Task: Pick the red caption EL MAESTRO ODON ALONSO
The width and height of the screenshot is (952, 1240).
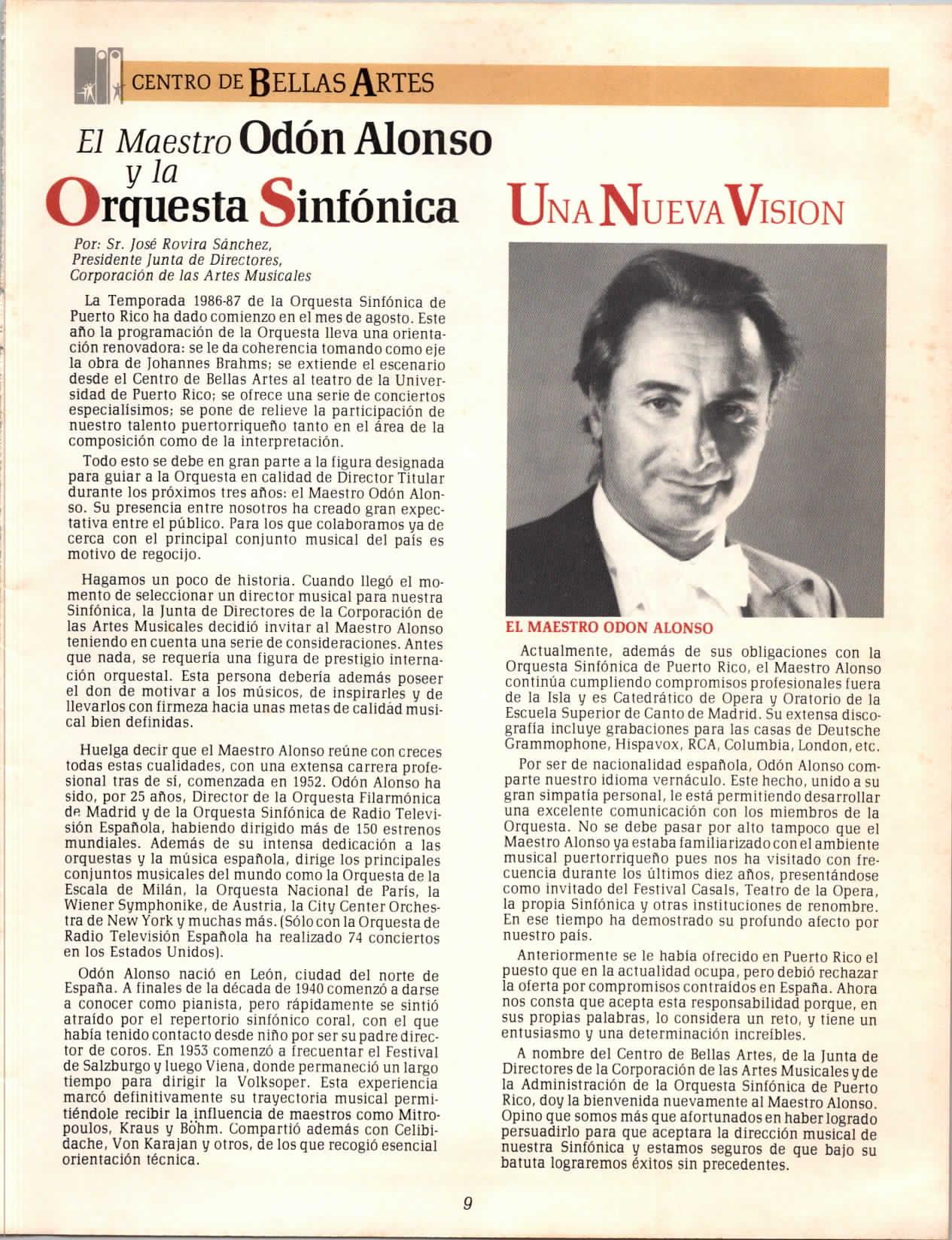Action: (609, 626)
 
